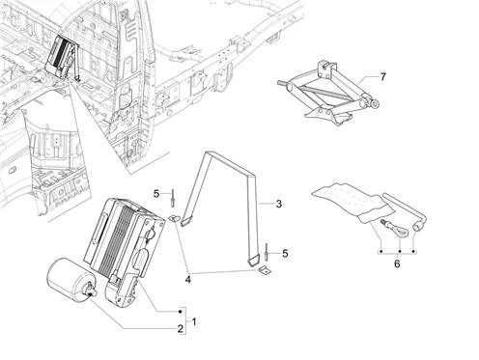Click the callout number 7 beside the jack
tap(382, 77)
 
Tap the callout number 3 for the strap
tap(279, 204)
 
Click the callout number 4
tap(188, 280)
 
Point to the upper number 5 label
tap(156, 194)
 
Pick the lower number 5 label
tap(285, 254)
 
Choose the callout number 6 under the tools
tap(397, 263)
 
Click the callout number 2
tap(181, 329)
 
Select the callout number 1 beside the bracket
tap(194, 321)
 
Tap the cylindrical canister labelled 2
tap(70, 281)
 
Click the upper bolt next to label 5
tap(173, 198)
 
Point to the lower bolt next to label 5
tap(267, 252)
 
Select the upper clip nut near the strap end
tap(174, 219)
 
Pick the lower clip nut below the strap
tap(265, 270)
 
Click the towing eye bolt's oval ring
tap(401, 232)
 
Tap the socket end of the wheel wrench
tap(417, 228)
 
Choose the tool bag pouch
tap(353, 202)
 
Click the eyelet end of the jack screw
tap(375, 103)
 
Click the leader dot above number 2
tap(180, 312)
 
